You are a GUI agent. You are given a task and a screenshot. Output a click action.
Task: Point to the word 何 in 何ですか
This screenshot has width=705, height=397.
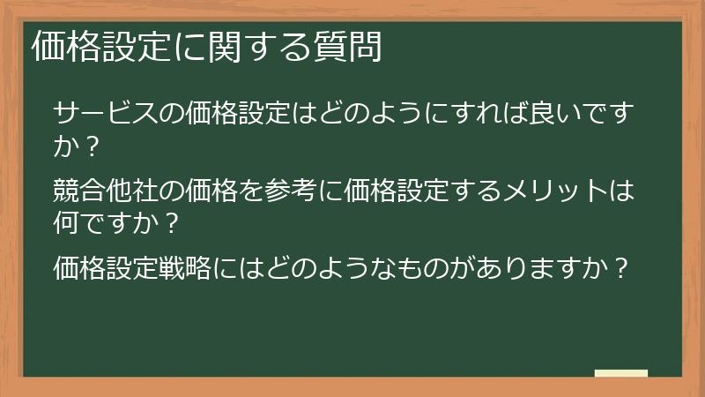coord(66,220)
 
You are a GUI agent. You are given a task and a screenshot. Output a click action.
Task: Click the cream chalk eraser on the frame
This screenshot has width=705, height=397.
coord(620,373)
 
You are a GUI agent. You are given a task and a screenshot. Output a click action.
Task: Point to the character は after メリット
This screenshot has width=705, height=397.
coord(621,190)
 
